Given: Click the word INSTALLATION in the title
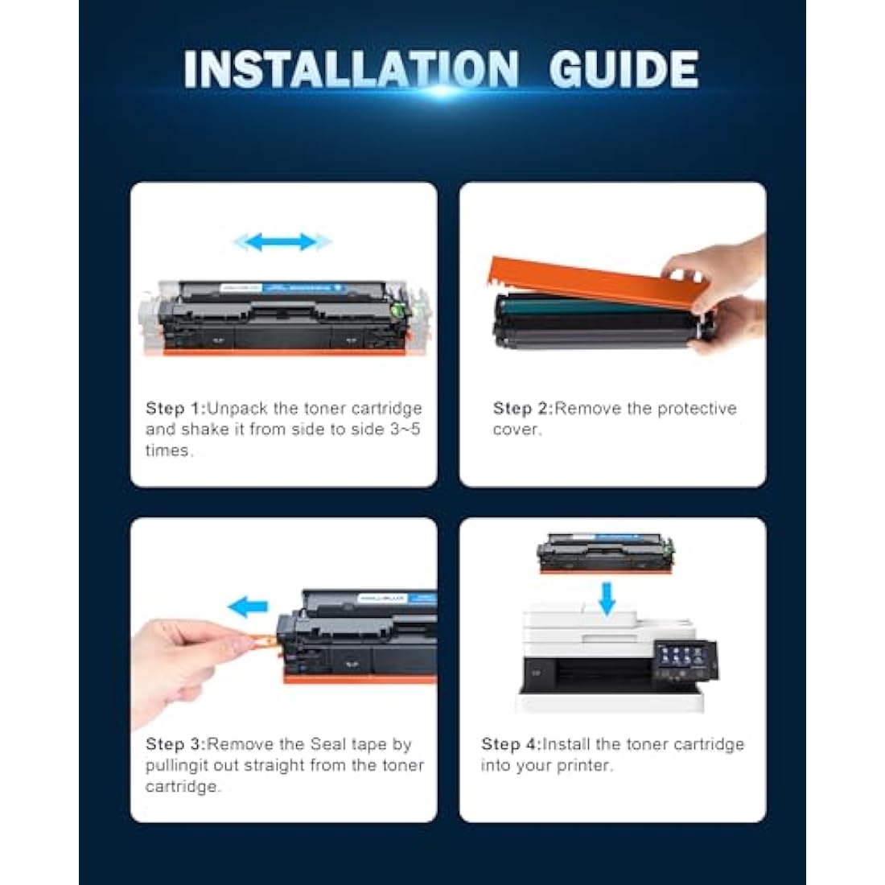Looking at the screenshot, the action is coord(351,69).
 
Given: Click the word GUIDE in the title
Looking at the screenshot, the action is coord(624,69).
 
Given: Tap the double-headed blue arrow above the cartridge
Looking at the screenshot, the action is coord(282,242).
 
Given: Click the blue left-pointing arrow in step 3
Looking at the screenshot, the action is coord(248,607).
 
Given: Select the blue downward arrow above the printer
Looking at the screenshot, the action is coord(607,599).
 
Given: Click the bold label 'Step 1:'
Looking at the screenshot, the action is coord(176,408).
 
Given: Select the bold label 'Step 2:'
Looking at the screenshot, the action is coord(523,408).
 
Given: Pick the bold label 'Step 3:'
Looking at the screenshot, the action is coord(176,744).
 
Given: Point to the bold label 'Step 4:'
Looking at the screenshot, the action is coord(512,744).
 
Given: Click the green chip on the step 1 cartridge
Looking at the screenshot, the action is coord(399,309).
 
